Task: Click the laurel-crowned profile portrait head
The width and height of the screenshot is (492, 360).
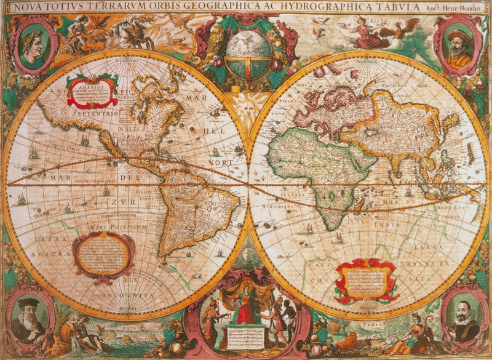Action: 35,44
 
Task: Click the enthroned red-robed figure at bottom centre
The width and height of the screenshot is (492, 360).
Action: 245,308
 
